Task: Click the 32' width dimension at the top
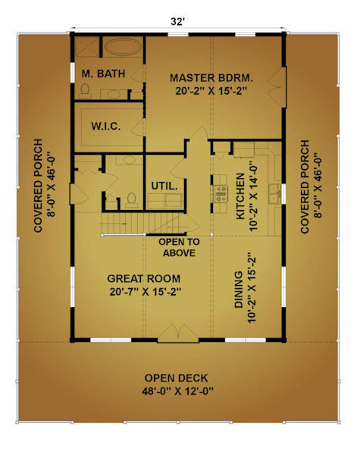(177, 21)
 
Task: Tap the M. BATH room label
(103, 74)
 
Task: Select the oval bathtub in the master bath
(122, 46)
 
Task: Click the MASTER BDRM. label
(211, 78)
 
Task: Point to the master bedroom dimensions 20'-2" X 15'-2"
(211, 91)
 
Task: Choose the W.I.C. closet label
(106, 127)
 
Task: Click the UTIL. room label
(164, 186)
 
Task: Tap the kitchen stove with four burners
(221, 194)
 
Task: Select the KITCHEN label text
(240, 196)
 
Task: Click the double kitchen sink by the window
(274, 193)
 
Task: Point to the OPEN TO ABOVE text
(180, 247)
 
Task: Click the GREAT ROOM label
(143, 278)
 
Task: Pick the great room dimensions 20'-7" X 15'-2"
(146, 292)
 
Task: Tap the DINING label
(239, 290)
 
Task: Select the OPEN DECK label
(177, 378)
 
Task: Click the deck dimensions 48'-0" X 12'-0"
(177, 391)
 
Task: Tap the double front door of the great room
(178, 333)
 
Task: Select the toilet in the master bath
(85, 90)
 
